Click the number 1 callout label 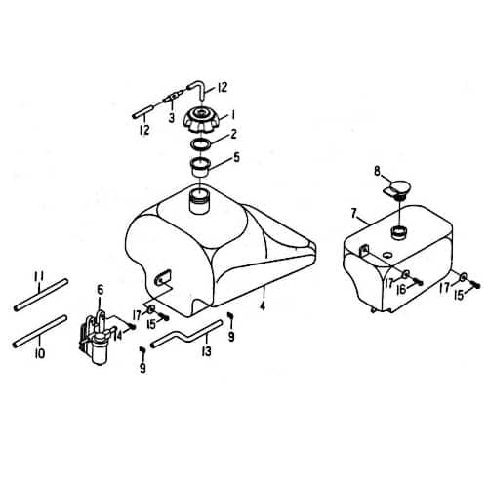coord(232,114)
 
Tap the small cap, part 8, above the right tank coord(397,187)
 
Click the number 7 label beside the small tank coord(353,212)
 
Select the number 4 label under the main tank coord(262,305)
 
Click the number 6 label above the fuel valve coord(101,289)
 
